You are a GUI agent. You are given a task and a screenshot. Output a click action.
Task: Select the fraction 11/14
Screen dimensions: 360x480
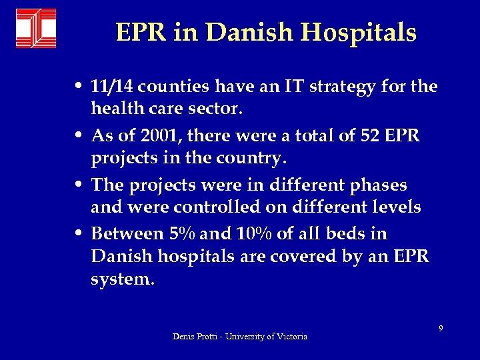click(111, 87)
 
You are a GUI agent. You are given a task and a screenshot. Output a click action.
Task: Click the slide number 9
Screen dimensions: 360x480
click(441, 328)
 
